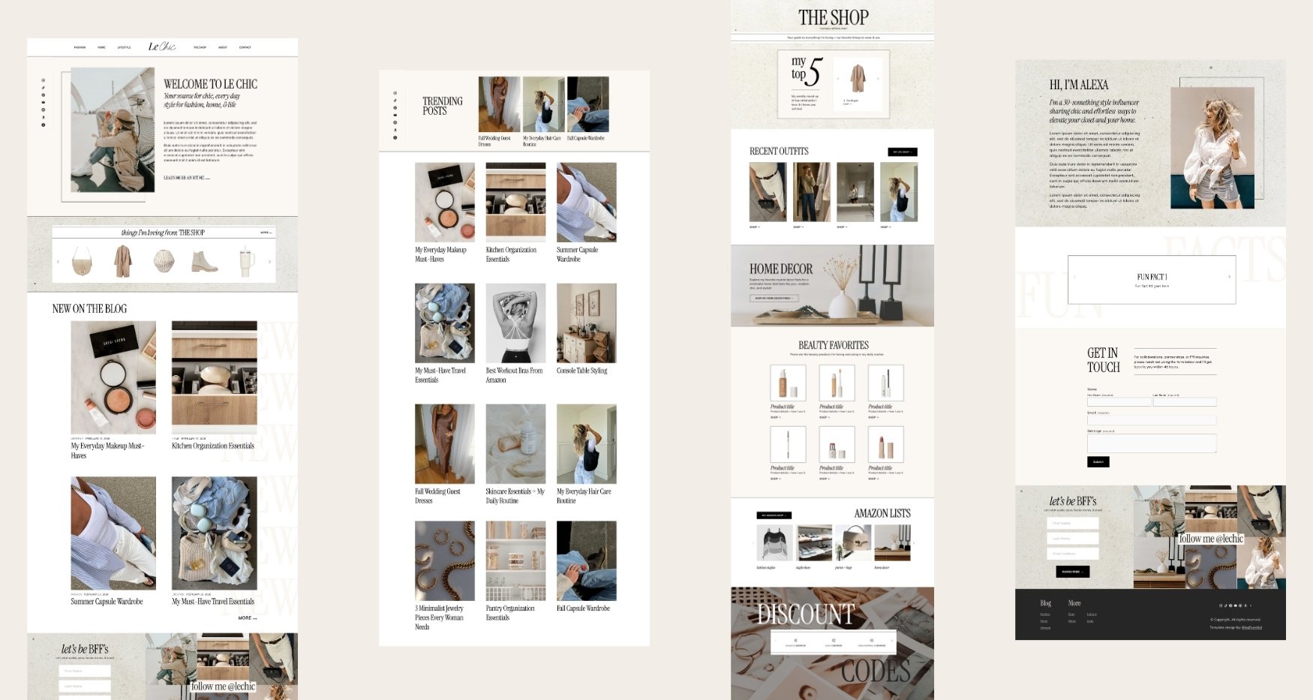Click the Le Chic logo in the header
pyautogui.click(x=161, y=47)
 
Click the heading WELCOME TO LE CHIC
pyautogui.click(x=210, y=84)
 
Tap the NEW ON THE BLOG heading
pyautogui.click(x=89, y=308)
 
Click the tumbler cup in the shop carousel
pyautogui.click(x=245, y=260)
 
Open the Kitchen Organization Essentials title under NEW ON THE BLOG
pyautogui.click(x=212, y=446)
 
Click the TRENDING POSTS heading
pyautogui.click(x=442, y=106)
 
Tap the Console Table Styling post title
pyautogui.click(x=581, y=371)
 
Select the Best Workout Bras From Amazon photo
pyautogui.click(x=515, y=323)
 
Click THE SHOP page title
pyautogui.click(x=833, y=17)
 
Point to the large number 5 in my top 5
pyautogui.click(x=815, y=71)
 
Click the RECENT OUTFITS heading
pyautogui.click(x=779, y=151)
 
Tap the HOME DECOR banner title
pyautogui.click(x=780, y=269)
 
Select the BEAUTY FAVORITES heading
pyautogui.click(x=833, y=345)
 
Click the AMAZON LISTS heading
pyautogui.click(x=882, y=513)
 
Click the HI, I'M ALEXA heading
pyautogui.click(x=1078, y=85)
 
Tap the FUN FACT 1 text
pyautogui.click(x=1152, y=277)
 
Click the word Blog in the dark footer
pyautogui.click(x=1045, y=603)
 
